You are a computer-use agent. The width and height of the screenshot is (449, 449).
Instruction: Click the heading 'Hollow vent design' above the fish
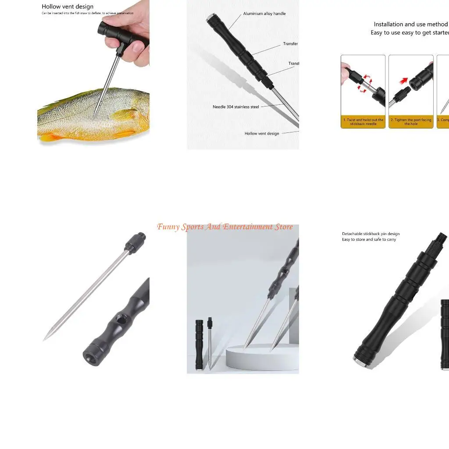pos(68,7)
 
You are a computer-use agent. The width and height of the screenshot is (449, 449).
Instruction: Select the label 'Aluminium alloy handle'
pos(264,14)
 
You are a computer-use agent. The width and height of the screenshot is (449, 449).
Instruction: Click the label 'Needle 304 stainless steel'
pos(236,107)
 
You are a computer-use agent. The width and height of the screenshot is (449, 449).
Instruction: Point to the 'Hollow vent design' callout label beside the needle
pos(262,133)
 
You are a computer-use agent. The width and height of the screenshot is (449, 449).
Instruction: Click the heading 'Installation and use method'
pos(410,25)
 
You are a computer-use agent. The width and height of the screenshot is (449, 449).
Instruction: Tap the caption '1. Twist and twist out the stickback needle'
pos(363,122)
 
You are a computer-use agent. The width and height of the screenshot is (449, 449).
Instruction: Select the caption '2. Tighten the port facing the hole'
pos(411,122)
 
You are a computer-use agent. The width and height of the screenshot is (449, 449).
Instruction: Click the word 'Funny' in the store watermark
pos(168,227)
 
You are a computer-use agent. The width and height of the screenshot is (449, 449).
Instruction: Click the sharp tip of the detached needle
pos(44,339)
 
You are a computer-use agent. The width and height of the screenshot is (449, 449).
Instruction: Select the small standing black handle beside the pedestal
pos(199,344)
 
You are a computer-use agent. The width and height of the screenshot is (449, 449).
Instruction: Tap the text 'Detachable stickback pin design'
pos(371,234)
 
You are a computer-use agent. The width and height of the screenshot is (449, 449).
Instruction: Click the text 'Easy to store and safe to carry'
pos(369,239)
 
